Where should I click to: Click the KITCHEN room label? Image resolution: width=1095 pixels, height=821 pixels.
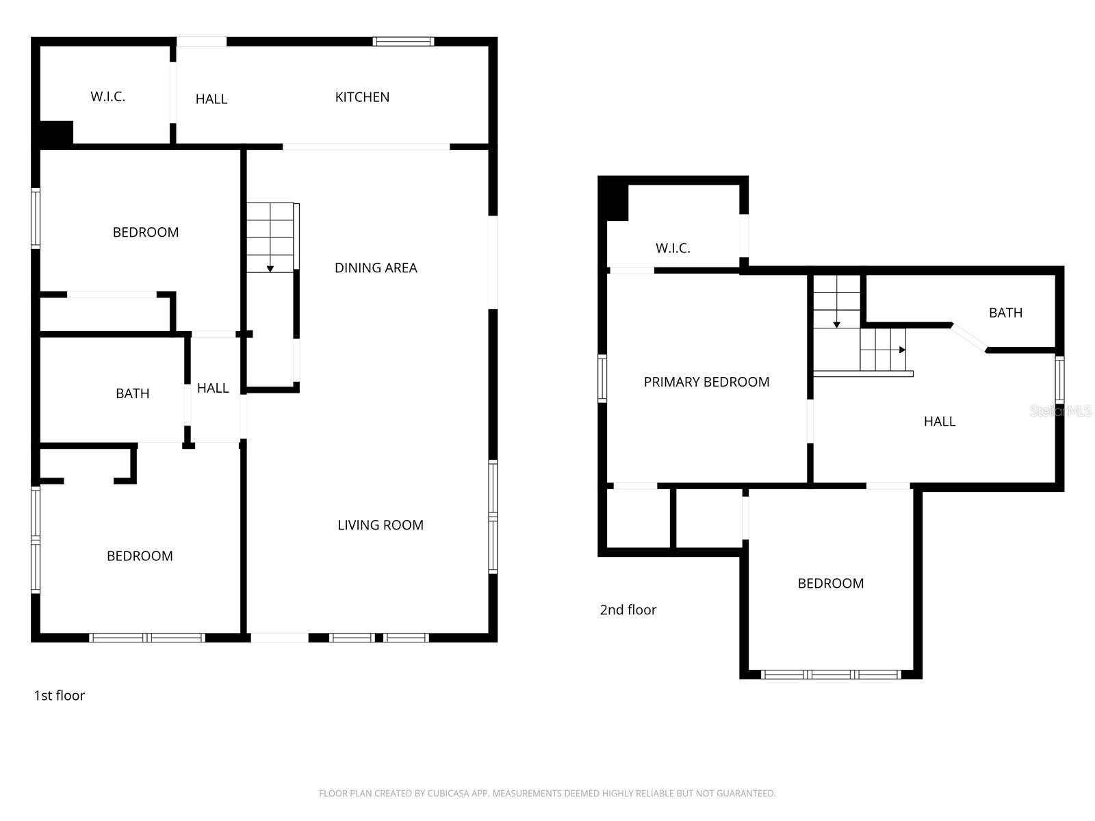coord(362,97)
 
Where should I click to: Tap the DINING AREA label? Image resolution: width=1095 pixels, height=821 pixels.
coord(376,268)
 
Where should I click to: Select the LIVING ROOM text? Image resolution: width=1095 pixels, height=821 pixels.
coord(381,525)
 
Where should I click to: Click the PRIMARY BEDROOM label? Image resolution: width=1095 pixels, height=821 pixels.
coord(706,382)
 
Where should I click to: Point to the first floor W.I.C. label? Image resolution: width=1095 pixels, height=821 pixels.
coord(108,96)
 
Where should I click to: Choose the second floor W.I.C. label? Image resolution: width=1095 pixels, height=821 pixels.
coord(673,248)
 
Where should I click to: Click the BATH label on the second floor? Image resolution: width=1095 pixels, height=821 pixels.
coord(1005,313)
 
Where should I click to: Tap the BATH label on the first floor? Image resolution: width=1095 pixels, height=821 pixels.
coord(132,393)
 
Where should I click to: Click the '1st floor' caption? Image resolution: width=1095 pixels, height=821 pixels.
coord(60,696)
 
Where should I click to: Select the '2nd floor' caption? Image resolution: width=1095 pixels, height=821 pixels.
coord(628,610)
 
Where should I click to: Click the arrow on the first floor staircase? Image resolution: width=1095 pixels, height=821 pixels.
coord(270,269)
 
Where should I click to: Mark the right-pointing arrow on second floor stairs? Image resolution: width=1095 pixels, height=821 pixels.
coord(902,350)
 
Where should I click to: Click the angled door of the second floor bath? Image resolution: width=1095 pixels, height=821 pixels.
coord(968,338)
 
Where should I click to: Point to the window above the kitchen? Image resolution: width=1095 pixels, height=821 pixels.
coord(403,42)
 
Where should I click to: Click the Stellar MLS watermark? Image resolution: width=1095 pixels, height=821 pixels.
coord(1061,410)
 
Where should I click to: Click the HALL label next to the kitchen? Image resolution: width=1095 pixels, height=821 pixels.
coord(211,99)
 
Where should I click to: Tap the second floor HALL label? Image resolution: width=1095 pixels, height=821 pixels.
coord(939,421)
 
